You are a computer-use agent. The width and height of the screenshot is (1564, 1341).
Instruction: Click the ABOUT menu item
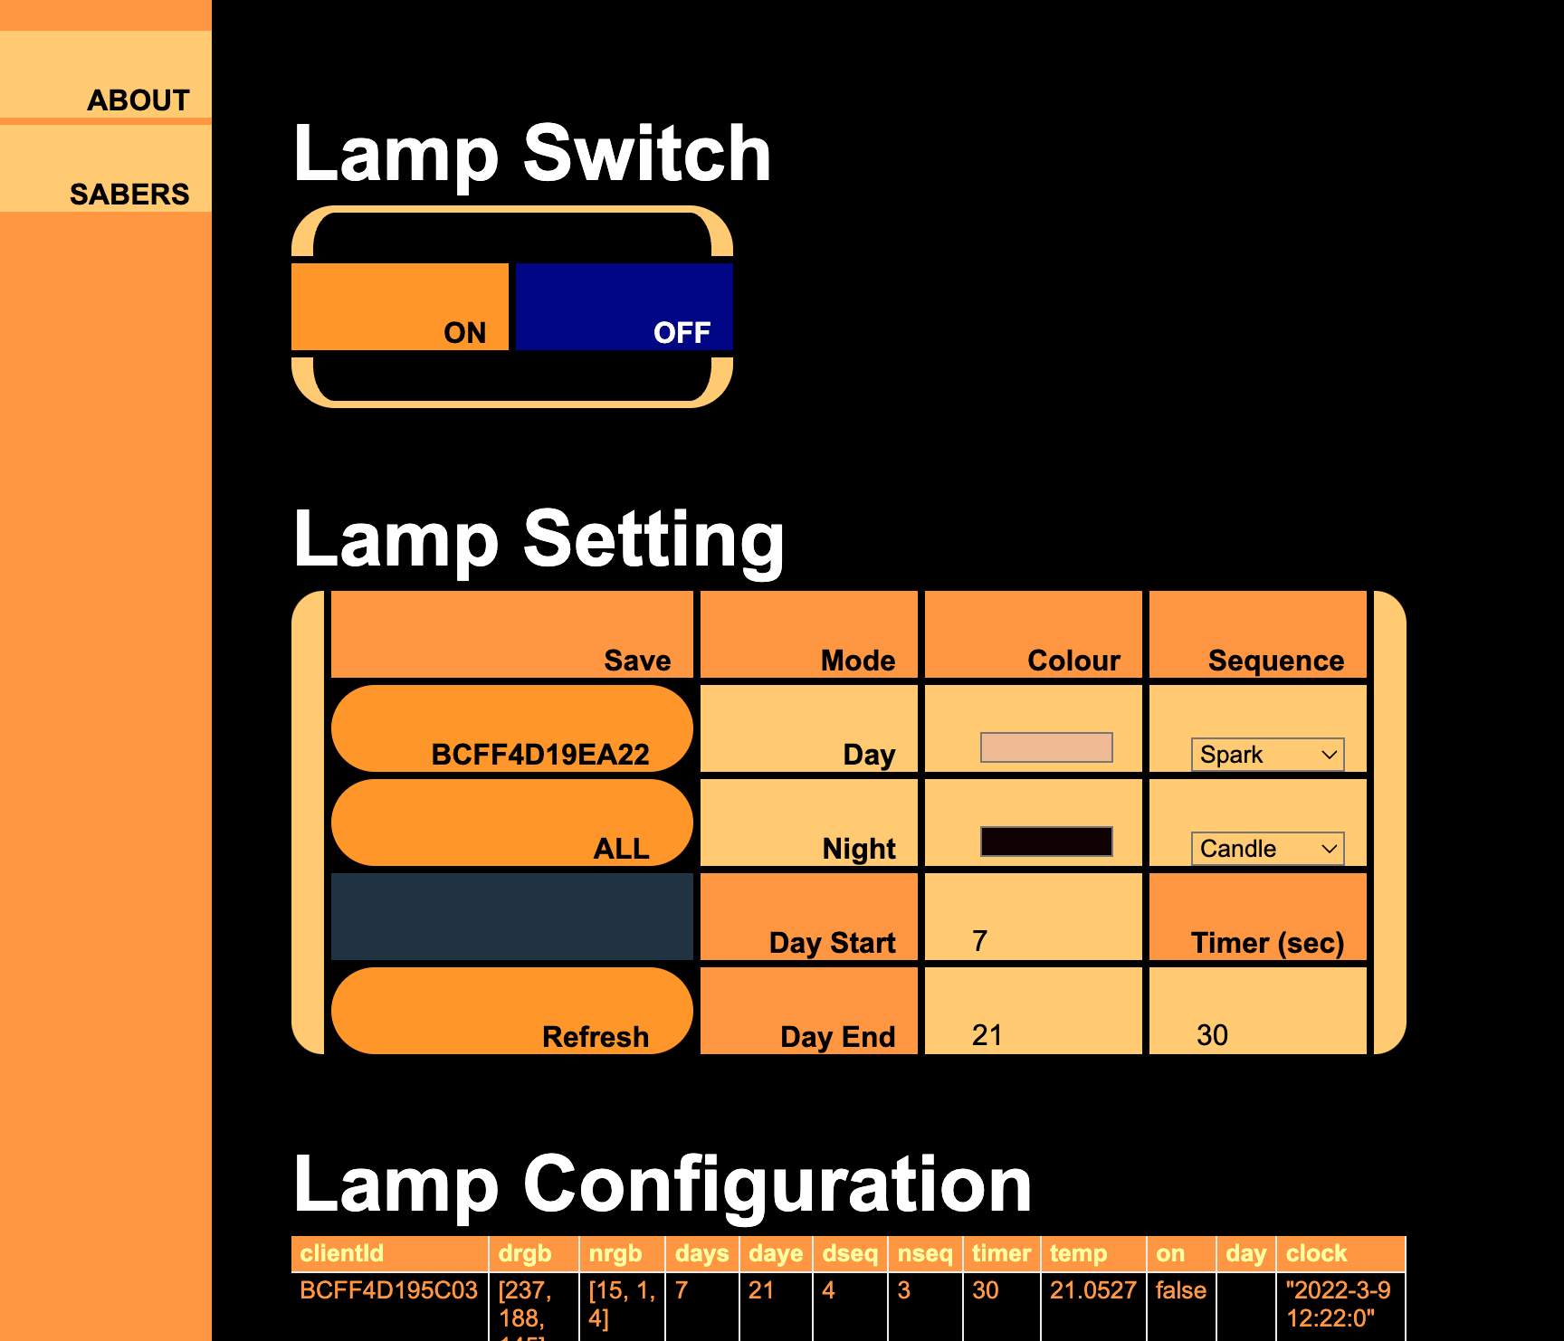pos(138,100)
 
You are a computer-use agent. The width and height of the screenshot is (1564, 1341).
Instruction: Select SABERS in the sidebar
pos(129,194)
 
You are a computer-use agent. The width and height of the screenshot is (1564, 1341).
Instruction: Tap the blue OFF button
pos(624,307)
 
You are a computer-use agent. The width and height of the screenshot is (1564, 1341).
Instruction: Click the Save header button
pos(512,635)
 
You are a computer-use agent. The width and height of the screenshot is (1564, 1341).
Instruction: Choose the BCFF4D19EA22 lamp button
pos(512,729)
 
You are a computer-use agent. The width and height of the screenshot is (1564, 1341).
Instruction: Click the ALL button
pos(512,823)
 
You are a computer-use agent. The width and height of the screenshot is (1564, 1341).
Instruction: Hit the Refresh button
pos(512,1011)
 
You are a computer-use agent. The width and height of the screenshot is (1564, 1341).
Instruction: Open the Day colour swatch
pos(1046,747)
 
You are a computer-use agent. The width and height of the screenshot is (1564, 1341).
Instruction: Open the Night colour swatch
pos(1046,842)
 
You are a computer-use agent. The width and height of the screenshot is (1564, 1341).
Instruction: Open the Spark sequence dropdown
pos(1267,755)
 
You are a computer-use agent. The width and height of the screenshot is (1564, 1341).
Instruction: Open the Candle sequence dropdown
pos(1267,849)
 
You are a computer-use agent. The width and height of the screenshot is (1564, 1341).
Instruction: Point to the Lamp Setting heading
pos(539,539)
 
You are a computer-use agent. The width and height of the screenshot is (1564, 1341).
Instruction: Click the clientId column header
pos(342,1253)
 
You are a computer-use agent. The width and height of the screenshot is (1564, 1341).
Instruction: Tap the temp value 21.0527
pos(1092,1290)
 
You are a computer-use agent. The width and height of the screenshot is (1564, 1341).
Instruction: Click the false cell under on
pos(1180,1290)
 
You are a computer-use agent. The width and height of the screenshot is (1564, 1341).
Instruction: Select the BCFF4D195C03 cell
pos(388,1290)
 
